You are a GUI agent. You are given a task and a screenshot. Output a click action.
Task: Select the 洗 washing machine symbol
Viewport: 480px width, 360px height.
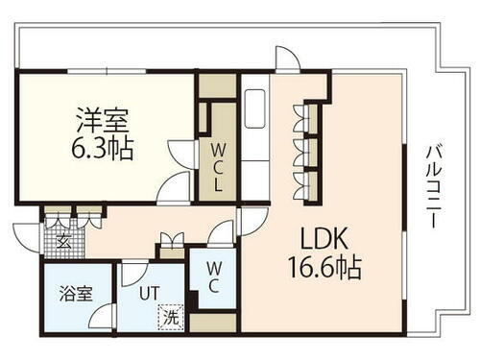click(170, 315)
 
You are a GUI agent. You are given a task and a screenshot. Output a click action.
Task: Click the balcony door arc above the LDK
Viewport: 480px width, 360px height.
click(286, 59)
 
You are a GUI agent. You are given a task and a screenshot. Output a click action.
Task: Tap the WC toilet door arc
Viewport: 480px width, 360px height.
click(222, 235)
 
